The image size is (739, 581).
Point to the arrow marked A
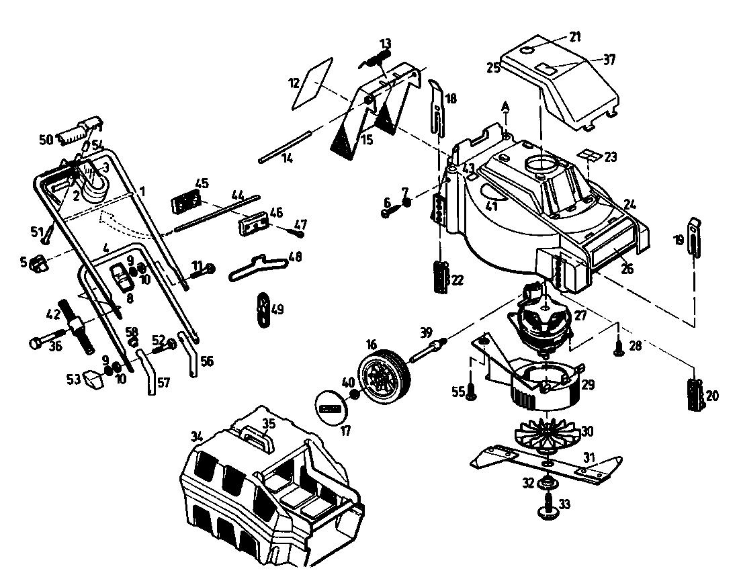click(x=505, y=113)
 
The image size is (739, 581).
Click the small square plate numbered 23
click(x=589, y=156)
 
